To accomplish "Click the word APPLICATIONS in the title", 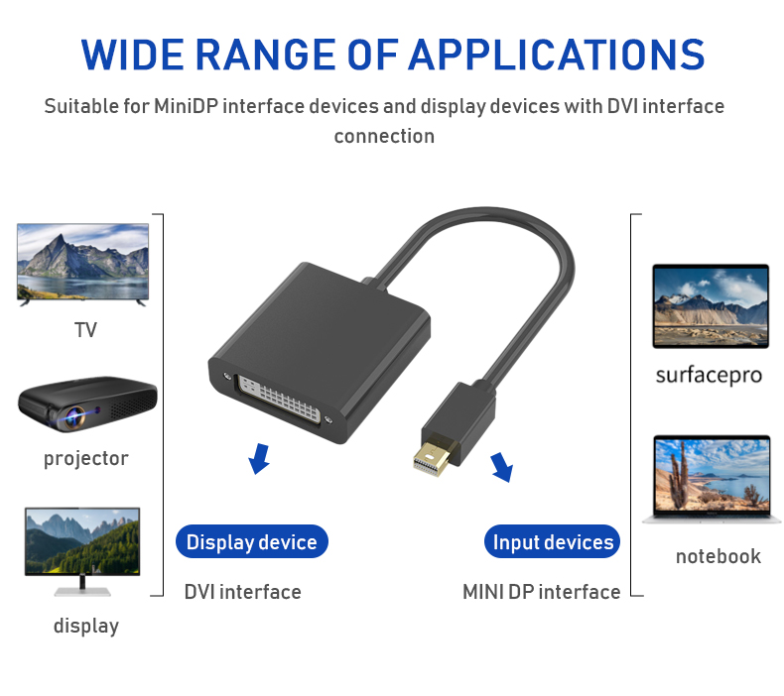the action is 557,55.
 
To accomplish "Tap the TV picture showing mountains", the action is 83,265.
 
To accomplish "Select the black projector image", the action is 87,405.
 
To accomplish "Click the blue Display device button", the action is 251,541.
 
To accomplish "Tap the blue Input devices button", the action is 553,541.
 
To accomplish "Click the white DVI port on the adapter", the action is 279,400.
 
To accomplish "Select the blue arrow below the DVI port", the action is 259,458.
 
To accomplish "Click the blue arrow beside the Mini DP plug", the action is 502,467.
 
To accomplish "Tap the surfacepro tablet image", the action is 711,306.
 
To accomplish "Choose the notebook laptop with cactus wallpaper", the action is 712,479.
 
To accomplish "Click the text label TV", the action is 85,330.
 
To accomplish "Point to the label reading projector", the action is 86,459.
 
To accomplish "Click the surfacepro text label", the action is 709,375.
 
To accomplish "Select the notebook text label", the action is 718,556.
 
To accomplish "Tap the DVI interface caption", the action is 242,592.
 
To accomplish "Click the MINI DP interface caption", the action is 542,592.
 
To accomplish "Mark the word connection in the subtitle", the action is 384,137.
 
